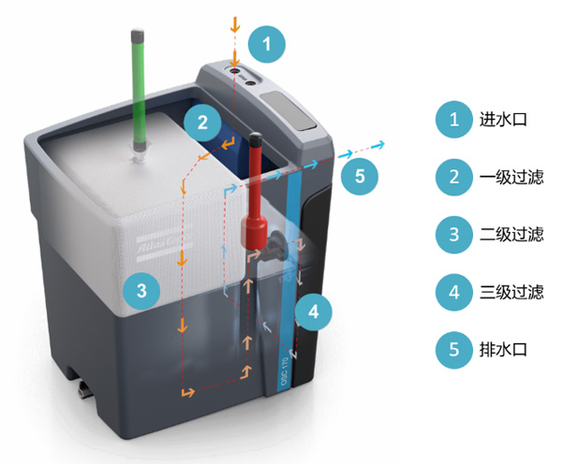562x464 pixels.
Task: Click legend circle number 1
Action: (x=454, y=120)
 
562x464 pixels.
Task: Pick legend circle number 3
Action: (x=454, y=235)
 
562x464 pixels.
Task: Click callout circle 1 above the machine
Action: (x=268, y=44)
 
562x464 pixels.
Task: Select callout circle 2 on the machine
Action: (x=202, y=120)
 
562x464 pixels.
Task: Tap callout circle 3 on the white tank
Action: (x=141, y=290)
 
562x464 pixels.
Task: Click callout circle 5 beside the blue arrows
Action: (x=361, y=176)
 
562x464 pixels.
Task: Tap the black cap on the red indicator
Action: (x=254, y=139)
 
